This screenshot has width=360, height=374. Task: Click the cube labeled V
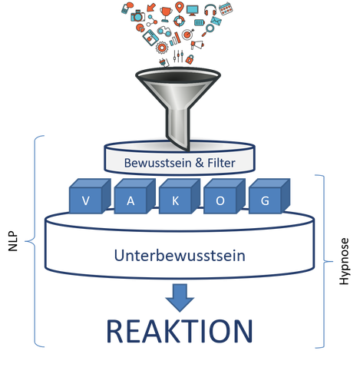point(90,197)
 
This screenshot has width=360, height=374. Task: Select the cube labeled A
point(134,197)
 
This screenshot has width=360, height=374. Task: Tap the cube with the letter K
point(180,197)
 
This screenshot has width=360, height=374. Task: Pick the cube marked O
point(224,197)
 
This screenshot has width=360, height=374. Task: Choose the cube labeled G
point(269,197)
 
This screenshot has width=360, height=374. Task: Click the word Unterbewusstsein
point(180,256)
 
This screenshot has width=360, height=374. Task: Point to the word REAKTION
point(180,331)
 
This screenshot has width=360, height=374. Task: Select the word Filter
point(221,163)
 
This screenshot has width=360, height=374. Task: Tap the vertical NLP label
point(13,241)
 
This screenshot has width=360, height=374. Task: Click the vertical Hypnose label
point(344,261)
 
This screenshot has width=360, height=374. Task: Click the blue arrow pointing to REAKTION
point(180,298)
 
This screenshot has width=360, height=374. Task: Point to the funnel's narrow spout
point(178,128)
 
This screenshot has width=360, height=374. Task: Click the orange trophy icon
point(166,14)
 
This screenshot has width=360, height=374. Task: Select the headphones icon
point(210,10)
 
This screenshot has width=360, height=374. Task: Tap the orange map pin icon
point(180,7)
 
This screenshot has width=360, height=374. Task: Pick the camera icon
point(137,16)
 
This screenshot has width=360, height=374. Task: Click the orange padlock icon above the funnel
point(190,59)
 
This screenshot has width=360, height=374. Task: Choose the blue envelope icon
point(216,21)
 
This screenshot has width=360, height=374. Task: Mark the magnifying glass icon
point(208,30)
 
